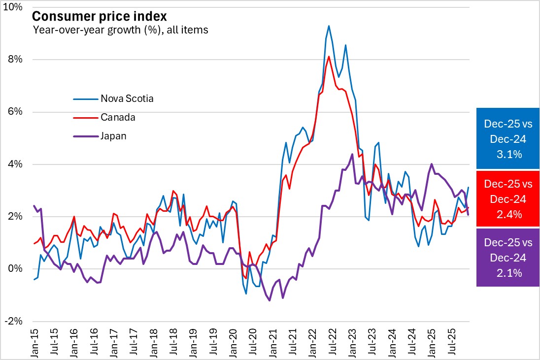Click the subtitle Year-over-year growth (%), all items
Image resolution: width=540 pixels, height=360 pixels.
[x=120, y=30]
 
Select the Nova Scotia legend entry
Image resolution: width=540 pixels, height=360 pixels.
[x=127, y=98]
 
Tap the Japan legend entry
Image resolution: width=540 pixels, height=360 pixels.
[x=113, y=136]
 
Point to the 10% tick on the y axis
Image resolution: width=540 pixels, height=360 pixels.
[x=14, y=7]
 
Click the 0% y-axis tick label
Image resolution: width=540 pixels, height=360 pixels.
[x=16, y=269]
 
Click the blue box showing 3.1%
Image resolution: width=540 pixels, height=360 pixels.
[x=507, y=139]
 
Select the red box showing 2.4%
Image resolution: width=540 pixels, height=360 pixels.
[x=507, y=199]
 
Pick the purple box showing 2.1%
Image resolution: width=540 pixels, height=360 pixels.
[x=507, y=258]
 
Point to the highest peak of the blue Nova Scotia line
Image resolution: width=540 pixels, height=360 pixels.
[x=329, y=26]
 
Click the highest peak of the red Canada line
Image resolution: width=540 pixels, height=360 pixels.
[x=329, y=57]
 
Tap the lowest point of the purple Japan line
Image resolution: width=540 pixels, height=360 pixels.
[x=270, y=300]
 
